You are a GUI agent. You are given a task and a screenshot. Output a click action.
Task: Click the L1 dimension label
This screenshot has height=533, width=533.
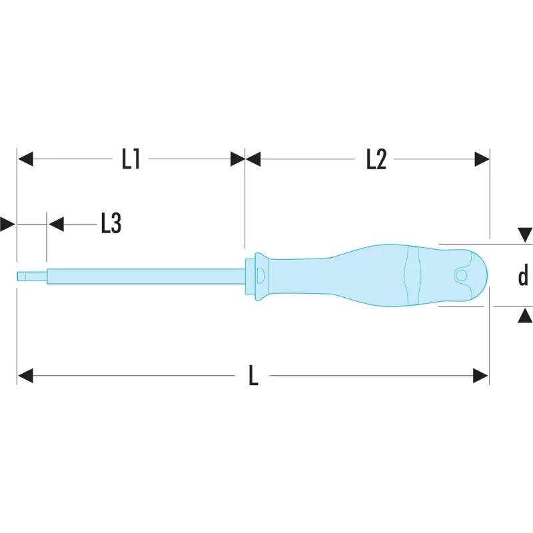[x=131, y=159]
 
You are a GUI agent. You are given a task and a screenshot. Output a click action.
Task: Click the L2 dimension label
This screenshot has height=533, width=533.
[x=376, y=159]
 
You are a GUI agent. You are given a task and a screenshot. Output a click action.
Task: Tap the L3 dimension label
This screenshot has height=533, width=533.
[x=111, y=223]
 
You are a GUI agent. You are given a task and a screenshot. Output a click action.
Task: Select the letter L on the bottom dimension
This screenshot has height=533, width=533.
[x=253, y=375]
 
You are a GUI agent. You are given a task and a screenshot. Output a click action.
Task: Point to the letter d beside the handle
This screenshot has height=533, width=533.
[x=523, y=274]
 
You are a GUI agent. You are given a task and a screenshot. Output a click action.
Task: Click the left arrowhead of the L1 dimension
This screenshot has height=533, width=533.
[x=25, y=159]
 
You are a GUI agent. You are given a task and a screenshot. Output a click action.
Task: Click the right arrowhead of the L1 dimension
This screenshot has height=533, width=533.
[x=238, y=159]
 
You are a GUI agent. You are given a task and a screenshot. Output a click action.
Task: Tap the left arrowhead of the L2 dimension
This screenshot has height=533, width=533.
[x=253, y=159]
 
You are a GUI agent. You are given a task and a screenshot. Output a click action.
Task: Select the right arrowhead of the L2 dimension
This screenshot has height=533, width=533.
[x=482, y=159]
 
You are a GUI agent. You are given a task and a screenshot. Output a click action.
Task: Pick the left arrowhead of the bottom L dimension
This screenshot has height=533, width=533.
[x=25, y=375]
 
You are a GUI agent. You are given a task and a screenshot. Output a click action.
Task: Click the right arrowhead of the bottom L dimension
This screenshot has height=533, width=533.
[x=480, y=376]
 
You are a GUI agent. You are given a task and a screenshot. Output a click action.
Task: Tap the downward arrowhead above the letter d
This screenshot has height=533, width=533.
[x=525, y=235]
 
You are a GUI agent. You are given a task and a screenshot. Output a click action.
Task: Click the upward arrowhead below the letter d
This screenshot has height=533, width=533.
[x=525, y=315]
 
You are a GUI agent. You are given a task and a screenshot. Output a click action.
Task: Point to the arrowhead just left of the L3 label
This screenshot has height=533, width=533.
[x=56, y=224]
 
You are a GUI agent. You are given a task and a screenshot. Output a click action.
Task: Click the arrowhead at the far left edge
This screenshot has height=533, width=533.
[x=7, y=224]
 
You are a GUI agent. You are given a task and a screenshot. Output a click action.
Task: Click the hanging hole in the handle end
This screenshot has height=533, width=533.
[x=461, y=275]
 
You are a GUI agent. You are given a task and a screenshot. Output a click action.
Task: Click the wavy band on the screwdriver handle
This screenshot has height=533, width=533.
[x=412, y=276]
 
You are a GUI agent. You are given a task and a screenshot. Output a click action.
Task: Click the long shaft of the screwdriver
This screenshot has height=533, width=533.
[x=146, y=276]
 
